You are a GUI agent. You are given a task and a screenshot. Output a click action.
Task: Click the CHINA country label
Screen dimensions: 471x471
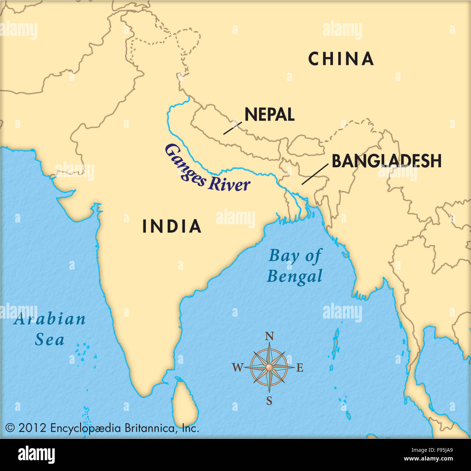coord(341,59)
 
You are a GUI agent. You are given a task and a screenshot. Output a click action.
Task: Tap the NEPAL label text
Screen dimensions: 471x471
coord(269,115)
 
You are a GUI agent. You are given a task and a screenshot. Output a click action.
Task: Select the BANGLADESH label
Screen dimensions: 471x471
coord(387,161)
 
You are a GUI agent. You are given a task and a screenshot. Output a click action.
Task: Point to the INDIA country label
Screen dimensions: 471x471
coord(172,226)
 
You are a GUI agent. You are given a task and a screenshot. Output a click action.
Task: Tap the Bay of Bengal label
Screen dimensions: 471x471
coord(295,266)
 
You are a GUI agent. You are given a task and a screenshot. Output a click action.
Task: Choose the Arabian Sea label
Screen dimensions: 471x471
coord(50,329)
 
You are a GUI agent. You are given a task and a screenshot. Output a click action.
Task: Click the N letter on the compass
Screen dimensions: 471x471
coord(269,337)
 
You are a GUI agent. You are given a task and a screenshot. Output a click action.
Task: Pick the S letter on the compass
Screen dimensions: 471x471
coord(269,401)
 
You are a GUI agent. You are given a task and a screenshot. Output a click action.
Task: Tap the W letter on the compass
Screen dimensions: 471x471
coord(237,368)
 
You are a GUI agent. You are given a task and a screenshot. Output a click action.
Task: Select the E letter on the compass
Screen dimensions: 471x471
coord(300,368)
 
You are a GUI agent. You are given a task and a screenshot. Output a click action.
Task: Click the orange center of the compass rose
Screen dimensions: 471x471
coord(269,368)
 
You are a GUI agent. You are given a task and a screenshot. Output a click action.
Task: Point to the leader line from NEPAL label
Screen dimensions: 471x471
coord(232,128)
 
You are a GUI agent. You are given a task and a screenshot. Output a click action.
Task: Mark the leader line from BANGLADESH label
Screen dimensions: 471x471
coord(315,174)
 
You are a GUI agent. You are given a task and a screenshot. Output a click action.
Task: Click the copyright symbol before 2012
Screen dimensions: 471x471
coord(10,428)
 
